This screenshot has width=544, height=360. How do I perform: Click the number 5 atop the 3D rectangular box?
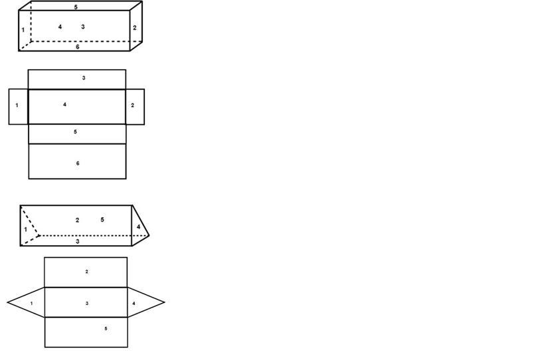tap(76, 7)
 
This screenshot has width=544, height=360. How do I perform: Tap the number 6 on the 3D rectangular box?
tap(77, 46)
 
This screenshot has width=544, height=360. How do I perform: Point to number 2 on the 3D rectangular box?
tap(134, 28)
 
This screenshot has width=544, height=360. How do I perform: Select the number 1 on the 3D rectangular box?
tap(23, 30)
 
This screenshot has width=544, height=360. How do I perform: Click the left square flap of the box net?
tap(18, 106)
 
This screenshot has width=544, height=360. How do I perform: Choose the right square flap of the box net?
tap(135, 106)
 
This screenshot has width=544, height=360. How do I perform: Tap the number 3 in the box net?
tap(84, 78)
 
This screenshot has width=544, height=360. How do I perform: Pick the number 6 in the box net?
tap(78, 163)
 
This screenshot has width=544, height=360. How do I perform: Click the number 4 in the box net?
tap(64, 104)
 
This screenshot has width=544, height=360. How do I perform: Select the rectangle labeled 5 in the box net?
tap(77, 134)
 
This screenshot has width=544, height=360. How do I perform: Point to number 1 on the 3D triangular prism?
tap(26, 229)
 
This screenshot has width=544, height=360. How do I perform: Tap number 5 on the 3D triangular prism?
tap(102, 219)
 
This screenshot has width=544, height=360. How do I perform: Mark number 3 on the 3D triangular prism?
tap(78, 242)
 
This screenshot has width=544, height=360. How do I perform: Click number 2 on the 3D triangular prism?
tap(77, 220)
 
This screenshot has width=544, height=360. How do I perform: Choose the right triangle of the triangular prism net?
tap(142, 303)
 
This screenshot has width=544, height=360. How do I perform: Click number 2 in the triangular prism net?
tap(86, 272)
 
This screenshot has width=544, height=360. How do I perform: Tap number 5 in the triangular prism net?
tap(106, 329)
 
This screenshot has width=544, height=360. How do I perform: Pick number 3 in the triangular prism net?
tap(87, 304)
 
